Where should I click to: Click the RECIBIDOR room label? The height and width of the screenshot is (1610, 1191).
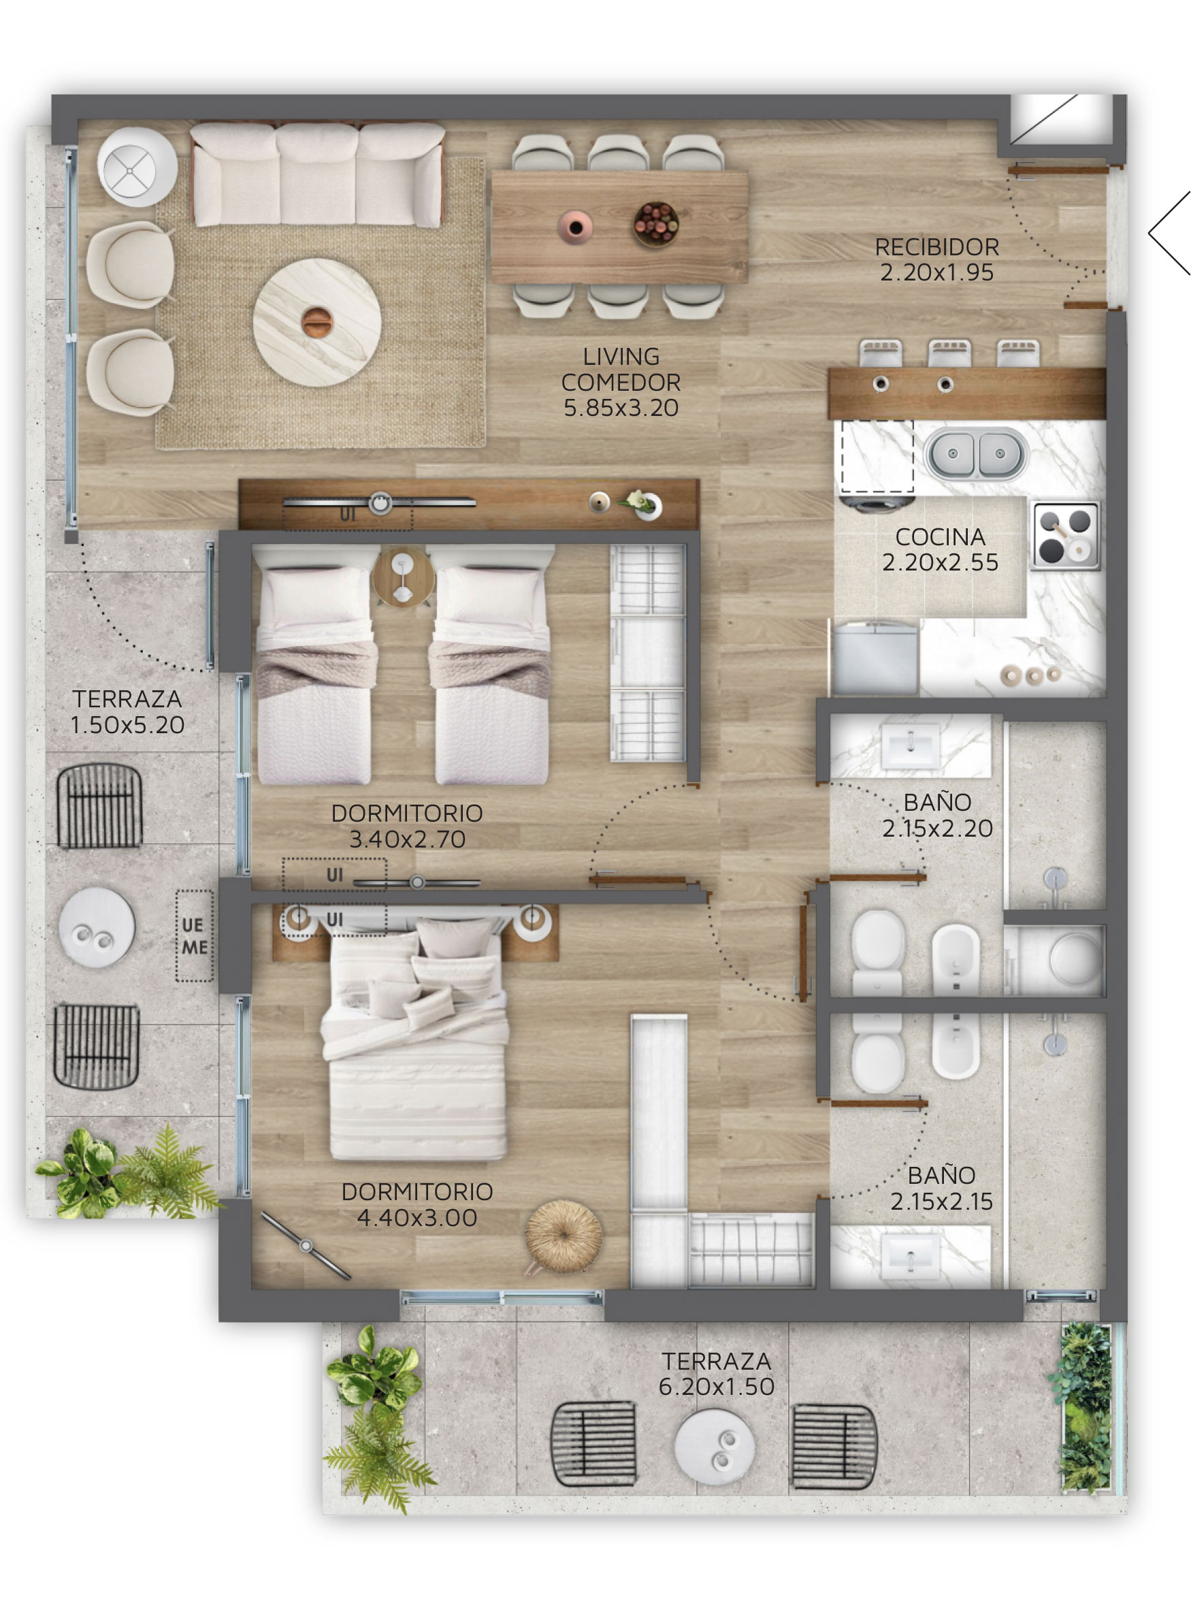coord(936,247)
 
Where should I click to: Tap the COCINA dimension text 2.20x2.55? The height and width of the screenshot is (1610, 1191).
coord(940,562)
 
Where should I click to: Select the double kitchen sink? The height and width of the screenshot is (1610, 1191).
coord(976,453)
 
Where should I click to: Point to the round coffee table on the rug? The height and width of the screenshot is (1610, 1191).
coord(316,321)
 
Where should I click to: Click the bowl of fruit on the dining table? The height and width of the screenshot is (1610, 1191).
coord(655,223)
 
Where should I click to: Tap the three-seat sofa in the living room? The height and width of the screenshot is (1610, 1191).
coord(316,174)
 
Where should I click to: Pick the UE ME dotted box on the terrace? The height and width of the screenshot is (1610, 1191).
coord(195,936)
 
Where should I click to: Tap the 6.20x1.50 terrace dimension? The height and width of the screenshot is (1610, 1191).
coord(716,1387)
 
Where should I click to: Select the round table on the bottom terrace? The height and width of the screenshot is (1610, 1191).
coord(714,1446)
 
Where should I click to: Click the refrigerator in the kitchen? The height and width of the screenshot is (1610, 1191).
coord(875,658)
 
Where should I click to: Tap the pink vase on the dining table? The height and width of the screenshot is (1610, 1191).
coord(574,227)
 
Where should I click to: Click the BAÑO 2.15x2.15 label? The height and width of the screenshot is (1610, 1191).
coord(941,1188)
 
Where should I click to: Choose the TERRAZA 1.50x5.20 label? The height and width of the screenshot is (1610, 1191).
coord(128,711)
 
